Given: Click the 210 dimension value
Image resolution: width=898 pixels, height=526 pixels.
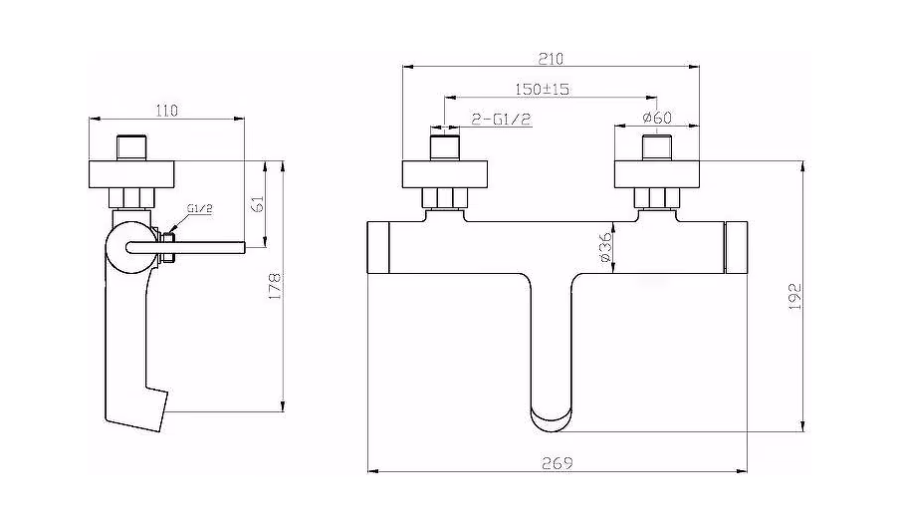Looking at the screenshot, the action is [551, 58].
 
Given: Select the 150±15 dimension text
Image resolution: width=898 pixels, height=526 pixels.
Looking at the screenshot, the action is [542, 89].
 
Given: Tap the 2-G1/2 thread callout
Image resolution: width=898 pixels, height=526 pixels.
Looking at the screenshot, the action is [502, 120].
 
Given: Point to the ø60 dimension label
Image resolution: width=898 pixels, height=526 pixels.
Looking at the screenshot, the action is [657, 118].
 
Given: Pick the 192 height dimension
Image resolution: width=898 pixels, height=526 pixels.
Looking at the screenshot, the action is [794, 296].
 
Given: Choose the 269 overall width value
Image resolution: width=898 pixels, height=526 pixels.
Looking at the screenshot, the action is [558, 462].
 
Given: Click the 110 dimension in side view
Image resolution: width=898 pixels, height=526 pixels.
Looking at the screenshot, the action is [166, 110].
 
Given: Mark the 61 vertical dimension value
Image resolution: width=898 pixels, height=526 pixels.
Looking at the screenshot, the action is [258, 204].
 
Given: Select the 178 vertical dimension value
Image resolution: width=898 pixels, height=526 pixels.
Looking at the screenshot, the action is [276, 286].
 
